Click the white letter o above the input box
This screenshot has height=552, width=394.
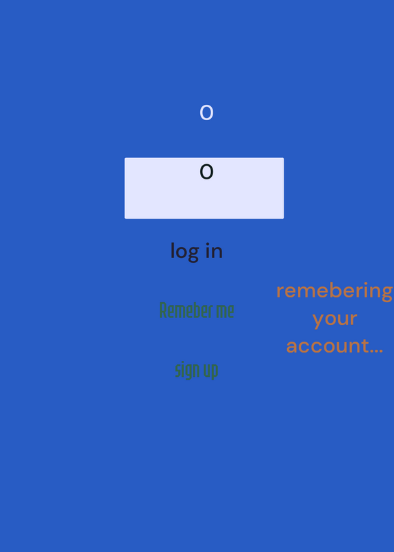[206, 112]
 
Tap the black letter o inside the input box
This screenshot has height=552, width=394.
[206, 172]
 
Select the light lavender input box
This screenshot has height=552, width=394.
[204, 188]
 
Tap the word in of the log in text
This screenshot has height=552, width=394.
[214, 251]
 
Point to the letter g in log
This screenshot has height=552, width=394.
[193, 254]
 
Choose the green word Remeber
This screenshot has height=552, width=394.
[186, 310]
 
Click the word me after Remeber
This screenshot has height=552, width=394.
[225, 312]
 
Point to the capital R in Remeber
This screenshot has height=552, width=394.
[163, 310]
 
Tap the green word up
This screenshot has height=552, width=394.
[211, 372]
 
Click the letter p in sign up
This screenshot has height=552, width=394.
[215, 372]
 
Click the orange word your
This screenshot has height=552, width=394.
[335, 319]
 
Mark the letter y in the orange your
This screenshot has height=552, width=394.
[318, 320]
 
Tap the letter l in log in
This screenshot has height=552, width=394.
[173, 250]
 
